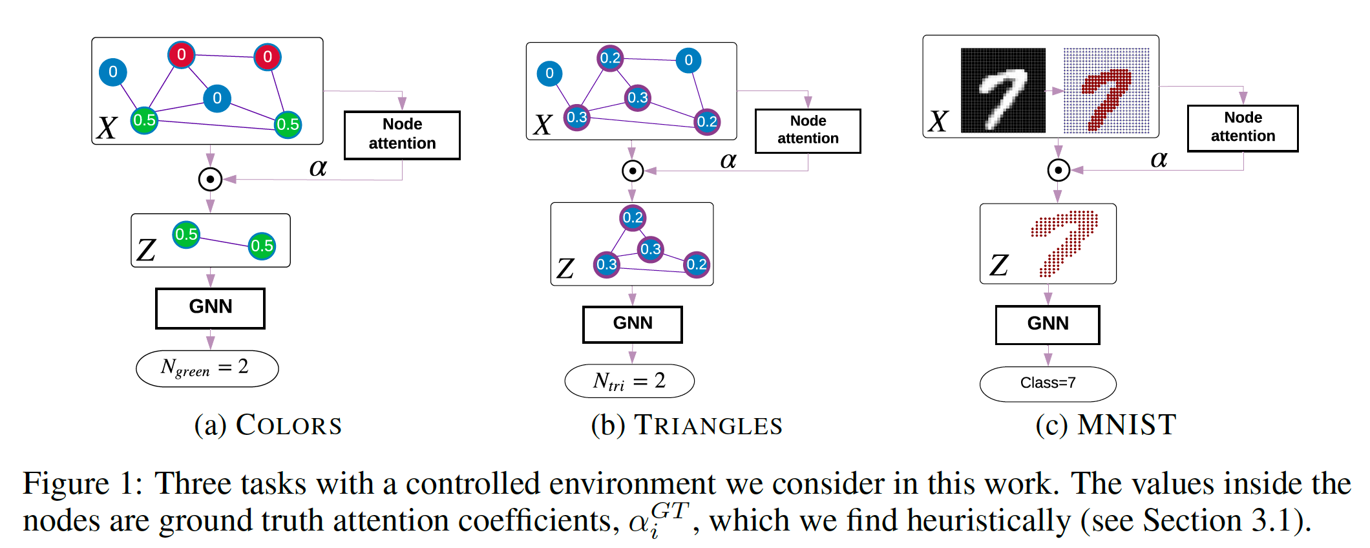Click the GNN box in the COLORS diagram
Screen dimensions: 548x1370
click(x=210, y=308)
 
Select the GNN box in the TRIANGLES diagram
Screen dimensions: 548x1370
click(x=632, y=324)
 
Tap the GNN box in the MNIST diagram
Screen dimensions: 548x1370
click(x=1047, y=324)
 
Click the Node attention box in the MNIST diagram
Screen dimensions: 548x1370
click(x=1242, y=128)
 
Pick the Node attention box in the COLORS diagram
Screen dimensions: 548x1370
click(x=402, y=134)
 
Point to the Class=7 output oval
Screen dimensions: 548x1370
click(x=1047, y=383)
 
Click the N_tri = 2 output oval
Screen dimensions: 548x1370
click(x=629, y=381)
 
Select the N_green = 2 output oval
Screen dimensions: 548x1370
click(x=207, y=368)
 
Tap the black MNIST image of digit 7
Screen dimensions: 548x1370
click(x=1002, y=90)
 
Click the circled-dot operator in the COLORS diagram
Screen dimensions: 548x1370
click(x=210, y=179)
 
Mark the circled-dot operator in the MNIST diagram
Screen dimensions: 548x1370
click(x=1058, y=170)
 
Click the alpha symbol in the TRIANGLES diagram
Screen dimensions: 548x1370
click(x=728, y=160)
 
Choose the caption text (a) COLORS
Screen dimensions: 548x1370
click(x=268, y=425)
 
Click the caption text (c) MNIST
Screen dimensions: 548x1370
click(x=1106, y=425)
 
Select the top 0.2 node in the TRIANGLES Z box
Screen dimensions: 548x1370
click(x=633, y=218)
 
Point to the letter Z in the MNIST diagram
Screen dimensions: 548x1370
click(x=999, y=265)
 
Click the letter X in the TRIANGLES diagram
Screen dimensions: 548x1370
click(x=543, y=125)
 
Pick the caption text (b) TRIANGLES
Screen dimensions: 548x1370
click(x=686, y=425)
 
